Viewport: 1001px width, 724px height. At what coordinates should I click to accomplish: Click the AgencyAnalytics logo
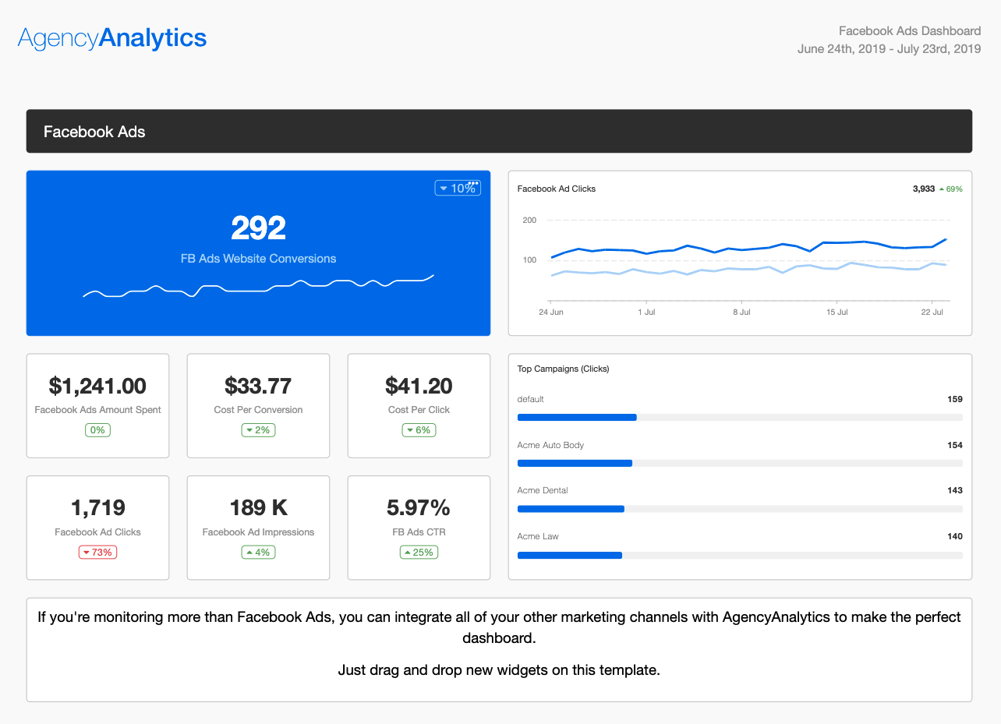click(x=112, y=38)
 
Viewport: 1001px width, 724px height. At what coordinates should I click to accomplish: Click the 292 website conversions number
click(x=258, y=228)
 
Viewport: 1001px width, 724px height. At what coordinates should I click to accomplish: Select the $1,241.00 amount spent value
click(x=97, y=386)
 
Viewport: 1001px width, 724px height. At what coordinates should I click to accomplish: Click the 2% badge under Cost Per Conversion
click(x=258, y=430)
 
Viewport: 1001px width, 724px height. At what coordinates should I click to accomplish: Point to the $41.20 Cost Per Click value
click(x=419, y=386)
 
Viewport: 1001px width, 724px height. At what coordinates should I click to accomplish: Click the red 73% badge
click(x=97, y=553)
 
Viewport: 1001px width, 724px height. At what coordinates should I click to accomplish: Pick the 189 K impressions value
click(x=258, y=508)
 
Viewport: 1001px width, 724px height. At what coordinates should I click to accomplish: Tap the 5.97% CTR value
click(x=419, y=508)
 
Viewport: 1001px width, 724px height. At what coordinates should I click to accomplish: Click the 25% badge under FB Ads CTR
click(x=419, y=553)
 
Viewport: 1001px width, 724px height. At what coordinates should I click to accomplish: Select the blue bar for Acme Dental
click(x=571, y=509)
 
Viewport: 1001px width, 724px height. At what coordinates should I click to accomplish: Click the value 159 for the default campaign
click(x=954, y=399)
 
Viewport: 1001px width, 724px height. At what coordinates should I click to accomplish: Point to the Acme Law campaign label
click(x=538, y=536)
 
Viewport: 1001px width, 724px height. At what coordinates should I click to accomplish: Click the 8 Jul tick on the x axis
click(x=741, y=312)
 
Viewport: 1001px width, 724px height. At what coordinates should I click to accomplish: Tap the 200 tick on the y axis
click(x=529, y=221)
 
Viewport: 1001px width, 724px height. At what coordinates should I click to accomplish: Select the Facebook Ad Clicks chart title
click(x=557, y=189)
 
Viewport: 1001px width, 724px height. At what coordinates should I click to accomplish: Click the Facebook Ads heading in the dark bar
click(x=94, y=132)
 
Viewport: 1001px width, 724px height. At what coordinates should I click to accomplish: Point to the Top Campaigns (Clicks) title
click(x=563, y=369)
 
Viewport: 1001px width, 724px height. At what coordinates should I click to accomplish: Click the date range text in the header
click(x=889, y=49)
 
